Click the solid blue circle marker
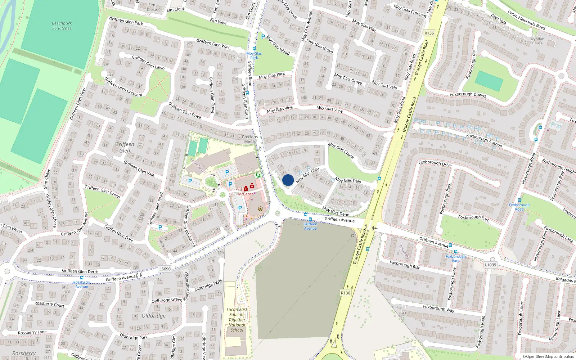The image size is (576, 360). (288, 180)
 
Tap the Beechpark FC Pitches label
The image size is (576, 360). (62, 26)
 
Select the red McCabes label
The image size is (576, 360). (246, 194)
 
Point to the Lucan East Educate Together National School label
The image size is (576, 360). (237, 320)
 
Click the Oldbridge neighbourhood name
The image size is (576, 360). (154, 316)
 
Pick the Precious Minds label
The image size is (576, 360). (250, 139)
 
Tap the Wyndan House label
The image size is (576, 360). (537, 41)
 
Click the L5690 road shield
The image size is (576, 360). (165, 269)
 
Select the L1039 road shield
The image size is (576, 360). (490, 265)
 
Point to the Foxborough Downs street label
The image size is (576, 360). (468, 95)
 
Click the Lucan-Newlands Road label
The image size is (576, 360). (526, 19)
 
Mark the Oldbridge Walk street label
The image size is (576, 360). (208, 285)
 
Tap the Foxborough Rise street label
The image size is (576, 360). (405, 265)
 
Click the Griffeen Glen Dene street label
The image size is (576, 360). (80, 271)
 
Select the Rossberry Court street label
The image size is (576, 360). (49, 304)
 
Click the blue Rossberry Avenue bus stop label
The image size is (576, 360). (82, 284)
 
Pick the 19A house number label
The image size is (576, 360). (221, 253)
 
